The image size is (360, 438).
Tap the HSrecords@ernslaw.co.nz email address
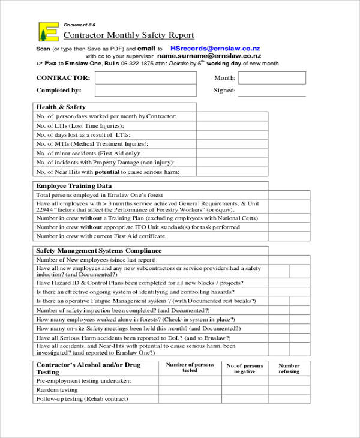215,48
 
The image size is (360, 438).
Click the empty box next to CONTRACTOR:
145,78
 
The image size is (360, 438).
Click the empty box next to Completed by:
145,91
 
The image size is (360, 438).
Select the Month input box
271,78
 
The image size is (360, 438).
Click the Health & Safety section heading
61,107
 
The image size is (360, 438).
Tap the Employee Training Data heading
74,186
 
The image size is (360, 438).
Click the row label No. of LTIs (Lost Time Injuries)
80,126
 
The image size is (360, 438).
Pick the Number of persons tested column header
190,367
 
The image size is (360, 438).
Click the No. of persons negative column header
244,368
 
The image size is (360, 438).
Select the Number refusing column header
289,368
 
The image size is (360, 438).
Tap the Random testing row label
58,390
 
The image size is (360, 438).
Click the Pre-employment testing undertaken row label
83,381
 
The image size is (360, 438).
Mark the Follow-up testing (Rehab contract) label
82,399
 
